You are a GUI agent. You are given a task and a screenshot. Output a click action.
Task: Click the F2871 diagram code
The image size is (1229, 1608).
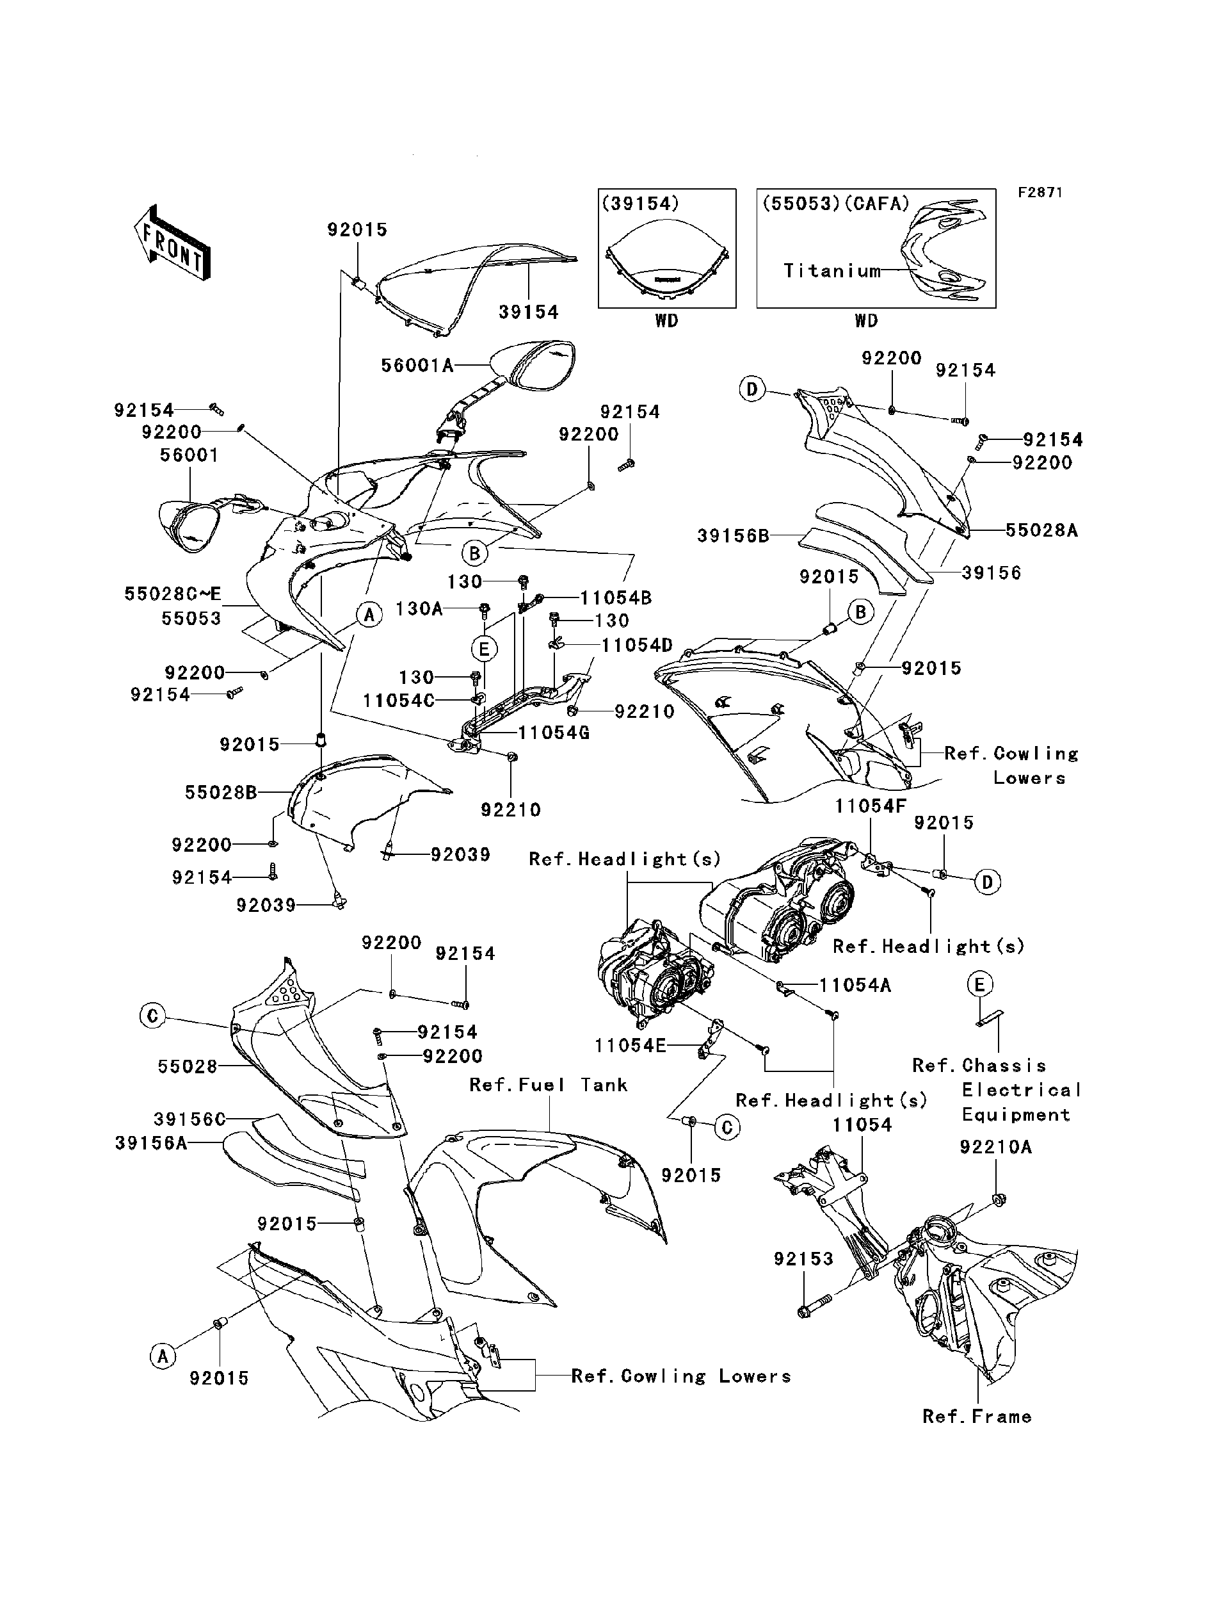pos(1040,193)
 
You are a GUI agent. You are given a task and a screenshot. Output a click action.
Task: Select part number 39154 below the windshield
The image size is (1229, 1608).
pos(528,313)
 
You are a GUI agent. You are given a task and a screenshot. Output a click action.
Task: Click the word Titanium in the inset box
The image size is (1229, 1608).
pos(831,271)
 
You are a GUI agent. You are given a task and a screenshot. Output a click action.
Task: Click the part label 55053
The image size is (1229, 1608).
pos(191,619)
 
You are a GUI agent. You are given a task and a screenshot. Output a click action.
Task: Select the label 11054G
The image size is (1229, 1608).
pos(554,733)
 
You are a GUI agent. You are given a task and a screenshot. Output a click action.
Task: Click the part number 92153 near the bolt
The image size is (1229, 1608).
pos(803,1259)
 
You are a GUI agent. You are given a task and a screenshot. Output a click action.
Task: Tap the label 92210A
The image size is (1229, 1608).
pos(995,1148)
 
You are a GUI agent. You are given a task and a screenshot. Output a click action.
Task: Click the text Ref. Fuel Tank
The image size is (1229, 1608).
pos(548,1085)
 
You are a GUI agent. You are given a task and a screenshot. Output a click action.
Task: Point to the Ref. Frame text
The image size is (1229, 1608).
pos(977,1417)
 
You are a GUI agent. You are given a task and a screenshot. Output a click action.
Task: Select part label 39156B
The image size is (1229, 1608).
pos(733,537)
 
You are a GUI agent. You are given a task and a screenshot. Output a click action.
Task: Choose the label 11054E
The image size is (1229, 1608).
pos(631,1046)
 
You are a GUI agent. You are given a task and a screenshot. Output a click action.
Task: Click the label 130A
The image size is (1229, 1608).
pos(419,608)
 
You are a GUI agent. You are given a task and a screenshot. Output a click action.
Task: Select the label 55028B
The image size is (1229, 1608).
pos(220,792)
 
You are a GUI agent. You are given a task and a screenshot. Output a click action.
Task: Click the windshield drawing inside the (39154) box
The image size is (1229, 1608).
pos(666,270)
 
